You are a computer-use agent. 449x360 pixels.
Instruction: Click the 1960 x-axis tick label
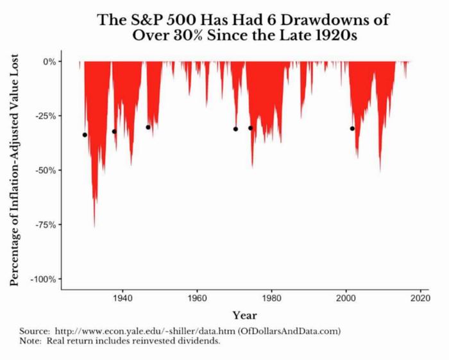pos(197,299)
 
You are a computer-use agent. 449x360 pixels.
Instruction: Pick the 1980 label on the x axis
pos(271,299)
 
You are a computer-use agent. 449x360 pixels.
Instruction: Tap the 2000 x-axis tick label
pos(346,299)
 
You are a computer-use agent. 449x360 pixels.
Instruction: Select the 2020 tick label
pos(421,299)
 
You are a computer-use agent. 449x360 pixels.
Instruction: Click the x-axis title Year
pos(244,315)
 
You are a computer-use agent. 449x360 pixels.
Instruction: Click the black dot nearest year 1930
pos(85,135)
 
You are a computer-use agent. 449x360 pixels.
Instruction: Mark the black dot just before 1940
pos(114,132)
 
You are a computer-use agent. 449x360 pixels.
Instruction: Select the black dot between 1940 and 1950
pos(148,127)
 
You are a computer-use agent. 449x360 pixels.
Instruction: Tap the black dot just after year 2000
pos(352,128)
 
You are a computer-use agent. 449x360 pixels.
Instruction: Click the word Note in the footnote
pos(31,341)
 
